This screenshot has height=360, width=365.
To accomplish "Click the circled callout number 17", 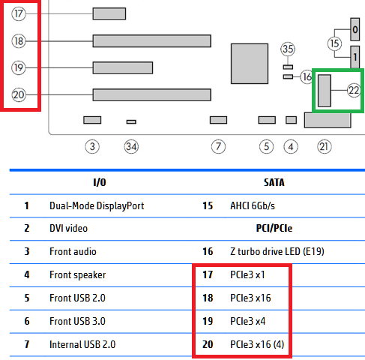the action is click(x=19, y=13).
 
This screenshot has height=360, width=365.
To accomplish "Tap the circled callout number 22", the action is click(x=354, y=90).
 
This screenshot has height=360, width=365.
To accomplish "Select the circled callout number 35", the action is click(x=288, y=49).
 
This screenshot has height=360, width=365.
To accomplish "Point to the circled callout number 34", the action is click(x=131, y=146).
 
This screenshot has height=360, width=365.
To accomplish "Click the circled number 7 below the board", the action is click(x=218, y=146).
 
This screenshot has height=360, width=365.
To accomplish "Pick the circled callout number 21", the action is click(x=325, y=146).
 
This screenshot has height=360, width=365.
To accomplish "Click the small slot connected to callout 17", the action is click(x=109, y=13).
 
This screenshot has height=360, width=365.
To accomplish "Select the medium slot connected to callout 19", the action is click(x=123, y=67).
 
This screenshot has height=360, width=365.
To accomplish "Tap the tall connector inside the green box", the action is click(x=325, y=91).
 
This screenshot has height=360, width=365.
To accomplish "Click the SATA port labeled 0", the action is click(x=355, y=29).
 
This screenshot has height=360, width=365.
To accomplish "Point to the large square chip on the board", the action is click(x=250, y=64).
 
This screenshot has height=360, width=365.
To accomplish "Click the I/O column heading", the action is click(x=100, y=182).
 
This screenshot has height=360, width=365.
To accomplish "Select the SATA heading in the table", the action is click(x=274, y=182).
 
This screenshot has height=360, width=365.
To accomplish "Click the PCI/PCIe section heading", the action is click(x=274, y=228).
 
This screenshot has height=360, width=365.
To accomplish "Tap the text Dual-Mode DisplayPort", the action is click(x=97, y=205).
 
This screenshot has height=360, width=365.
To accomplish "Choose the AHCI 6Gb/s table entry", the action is click(x=253, y=205).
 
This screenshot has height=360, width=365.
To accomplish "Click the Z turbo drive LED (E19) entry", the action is click(x=277, y=251).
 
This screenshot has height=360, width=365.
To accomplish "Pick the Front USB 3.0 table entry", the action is click(x=77, y=321).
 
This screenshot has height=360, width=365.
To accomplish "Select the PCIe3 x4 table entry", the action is click(x=247, y=321).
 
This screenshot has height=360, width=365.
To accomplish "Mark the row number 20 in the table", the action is click(x=208, y=344).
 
